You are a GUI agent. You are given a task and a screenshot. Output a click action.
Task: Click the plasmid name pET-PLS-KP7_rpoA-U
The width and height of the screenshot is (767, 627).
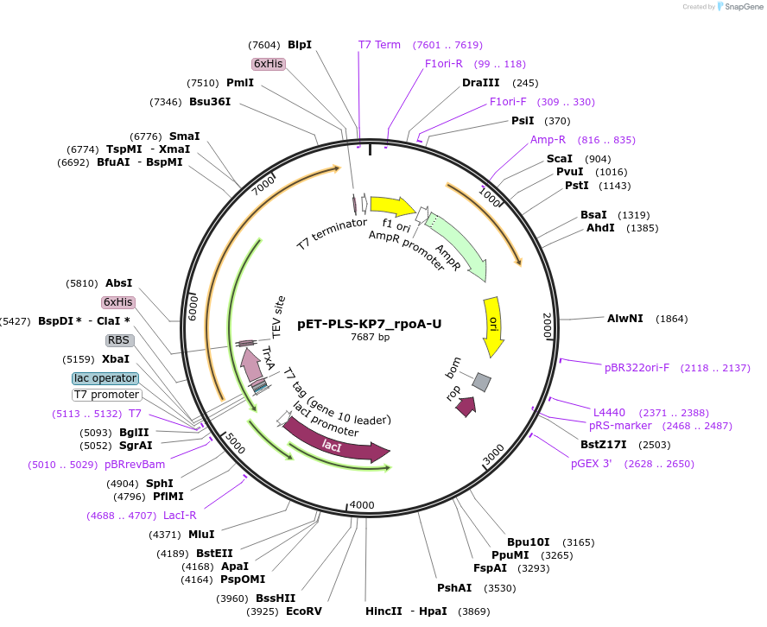[x=370, y=324]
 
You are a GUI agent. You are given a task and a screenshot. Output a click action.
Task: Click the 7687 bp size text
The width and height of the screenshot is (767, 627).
[x=370, y=338]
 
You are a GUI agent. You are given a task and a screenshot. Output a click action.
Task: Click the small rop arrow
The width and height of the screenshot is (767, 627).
[x=466, y=406]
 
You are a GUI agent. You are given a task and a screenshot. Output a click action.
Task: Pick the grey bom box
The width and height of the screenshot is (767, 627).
[x=482, y=381]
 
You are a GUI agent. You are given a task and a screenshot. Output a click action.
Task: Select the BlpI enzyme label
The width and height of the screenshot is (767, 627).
[x=300, y=45]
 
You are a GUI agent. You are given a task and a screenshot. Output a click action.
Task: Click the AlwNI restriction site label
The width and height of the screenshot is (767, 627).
[x=625, y=319]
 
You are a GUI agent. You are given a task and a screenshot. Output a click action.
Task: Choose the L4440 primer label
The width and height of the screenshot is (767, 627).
[x=609, y=413]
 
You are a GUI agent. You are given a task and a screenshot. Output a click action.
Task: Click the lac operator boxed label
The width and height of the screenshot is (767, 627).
[x=105, y=378]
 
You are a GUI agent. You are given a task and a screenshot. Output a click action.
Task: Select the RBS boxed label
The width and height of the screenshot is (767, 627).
[x=118, y=340]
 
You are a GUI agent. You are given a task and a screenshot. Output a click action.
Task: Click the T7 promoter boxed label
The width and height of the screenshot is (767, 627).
[x=106, y=395]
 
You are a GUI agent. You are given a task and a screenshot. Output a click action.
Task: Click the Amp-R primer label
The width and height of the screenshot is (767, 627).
[x=548, y=140]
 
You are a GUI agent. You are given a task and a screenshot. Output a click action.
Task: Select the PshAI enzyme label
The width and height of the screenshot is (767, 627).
[x=454, y=588]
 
